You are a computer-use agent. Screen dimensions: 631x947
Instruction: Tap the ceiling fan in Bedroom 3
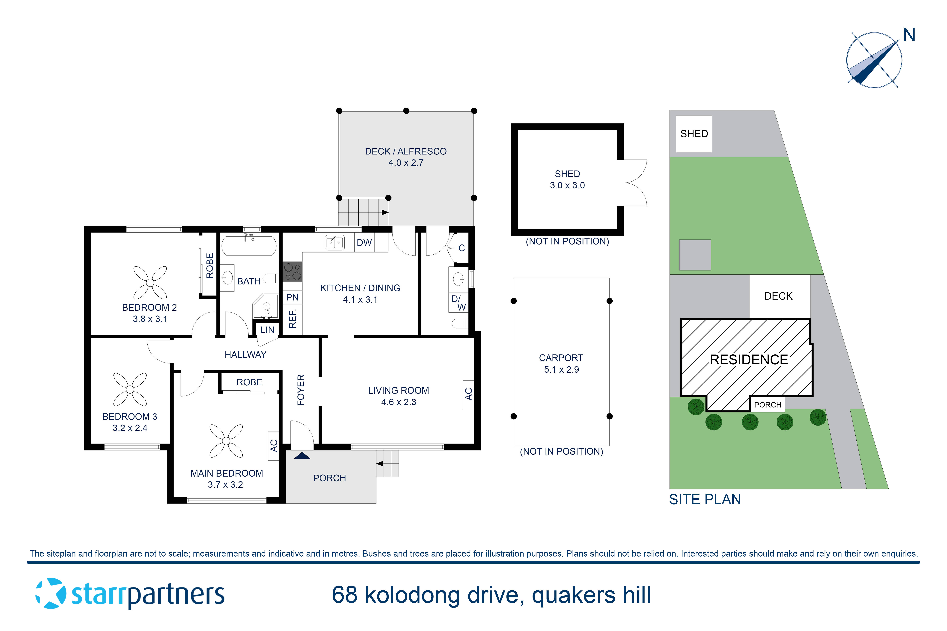(x=130, y=389)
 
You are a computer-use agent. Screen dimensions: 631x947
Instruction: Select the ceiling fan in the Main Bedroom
(x=226, y=441)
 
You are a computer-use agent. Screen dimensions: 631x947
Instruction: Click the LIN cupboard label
(x=267, y=330)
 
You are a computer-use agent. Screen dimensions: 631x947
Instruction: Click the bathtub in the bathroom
(x=249, y=245)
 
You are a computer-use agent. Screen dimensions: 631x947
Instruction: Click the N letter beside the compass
(x=909, y=35)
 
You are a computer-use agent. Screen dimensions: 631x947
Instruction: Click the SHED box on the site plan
(x=694, y=134)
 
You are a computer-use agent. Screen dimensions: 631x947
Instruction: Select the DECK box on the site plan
(x=778, y=296)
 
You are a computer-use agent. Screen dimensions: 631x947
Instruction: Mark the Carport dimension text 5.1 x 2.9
(x=561, y=369)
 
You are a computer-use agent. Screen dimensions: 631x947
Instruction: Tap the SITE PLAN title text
(x=705, y=499)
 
